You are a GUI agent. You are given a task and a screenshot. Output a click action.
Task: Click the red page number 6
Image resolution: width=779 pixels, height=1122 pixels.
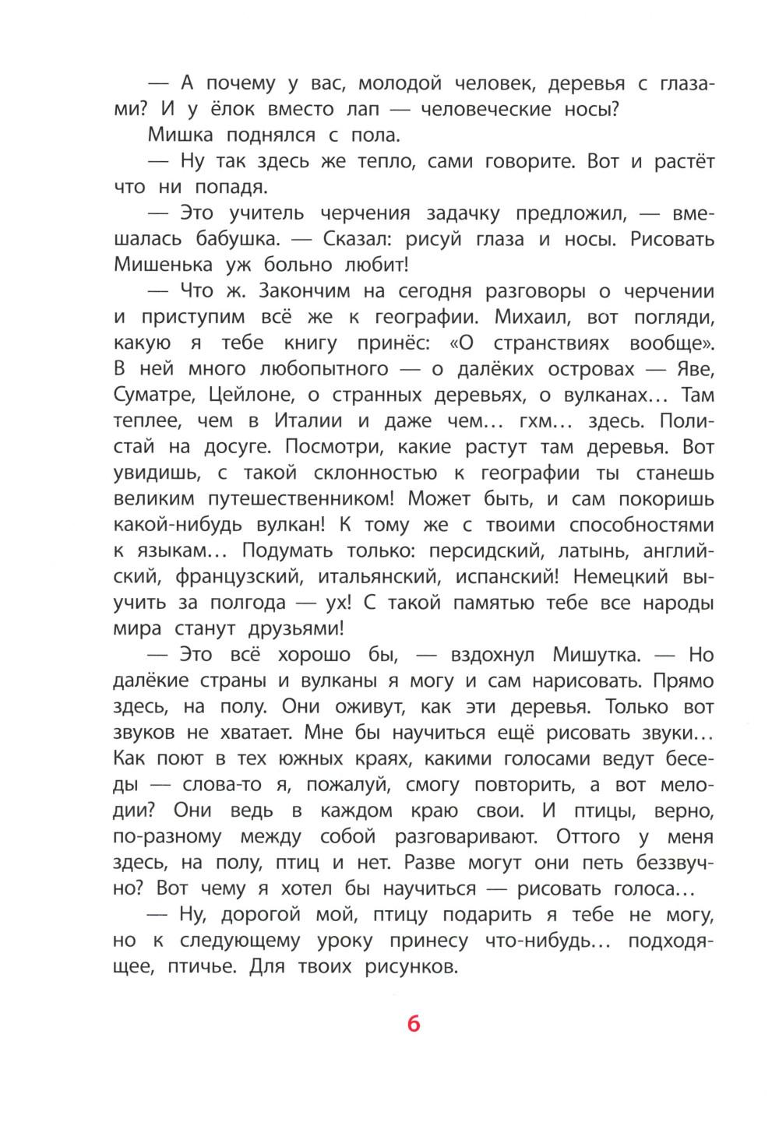pyautogui.click(x=413, y=1023)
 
